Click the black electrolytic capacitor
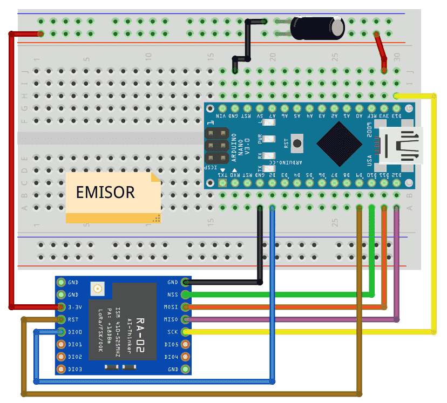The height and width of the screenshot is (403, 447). coord(317,28)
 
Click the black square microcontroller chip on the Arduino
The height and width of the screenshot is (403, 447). coord(339,143)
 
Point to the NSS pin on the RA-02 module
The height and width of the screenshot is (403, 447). coord(186,295)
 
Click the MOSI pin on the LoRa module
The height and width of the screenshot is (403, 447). coord(186,307)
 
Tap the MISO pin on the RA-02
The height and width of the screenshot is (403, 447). coord(186,319)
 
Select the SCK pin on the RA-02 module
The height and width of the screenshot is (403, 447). coord(186,332)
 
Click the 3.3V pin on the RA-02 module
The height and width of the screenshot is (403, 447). coord(61,307)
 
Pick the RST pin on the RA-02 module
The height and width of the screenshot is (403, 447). coord(61,319)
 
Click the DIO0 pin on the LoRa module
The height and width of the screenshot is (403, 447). coord(61,332)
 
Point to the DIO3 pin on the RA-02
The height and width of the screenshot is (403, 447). coord(61,369)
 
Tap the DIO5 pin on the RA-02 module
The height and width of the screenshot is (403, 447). coord(186,344)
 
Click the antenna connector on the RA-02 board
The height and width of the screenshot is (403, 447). coord(98,290)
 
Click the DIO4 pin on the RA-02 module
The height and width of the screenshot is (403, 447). coord(186,357)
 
